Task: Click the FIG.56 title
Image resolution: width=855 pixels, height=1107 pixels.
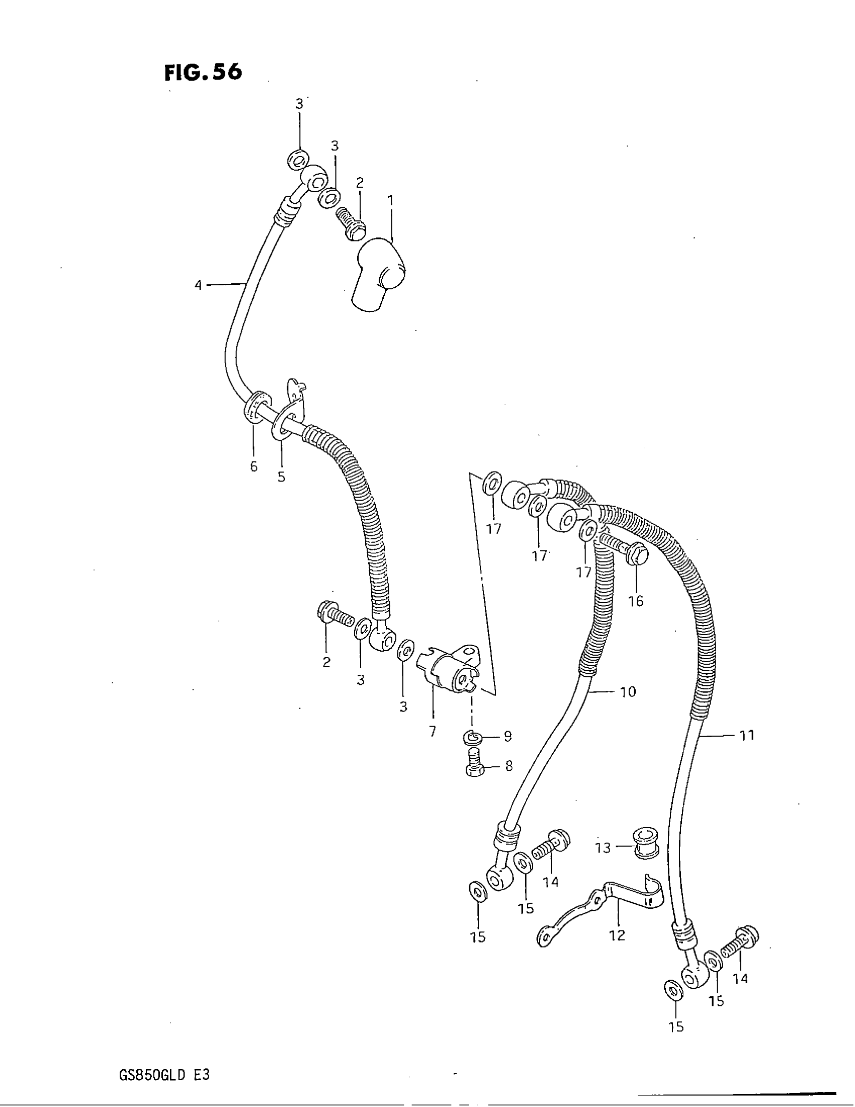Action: point(203,73)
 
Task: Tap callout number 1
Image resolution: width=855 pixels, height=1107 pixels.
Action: point(390,201)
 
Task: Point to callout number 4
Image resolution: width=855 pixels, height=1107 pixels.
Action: point(198,285)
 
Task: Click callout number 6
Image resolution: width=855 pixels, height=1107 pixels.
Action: point(254,467)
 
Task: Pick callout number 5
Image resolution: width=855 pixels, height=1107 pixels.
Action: point(282,477)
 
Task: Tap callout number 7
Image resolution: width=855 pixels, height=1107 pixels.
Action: point(433,732)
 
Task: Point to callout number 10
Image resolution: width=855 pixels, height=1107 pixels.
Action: point(628,692)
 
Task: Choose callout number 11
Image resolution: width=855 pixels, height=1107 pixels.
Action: point(747,735)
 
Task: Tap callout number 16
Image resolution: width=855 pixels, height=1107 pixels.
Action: point(636,601)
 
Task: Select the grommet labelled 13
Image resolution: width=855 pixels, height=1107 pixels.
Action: point(646,845)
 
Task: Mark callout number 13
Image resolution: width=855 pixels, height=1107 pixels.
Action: point(603,847)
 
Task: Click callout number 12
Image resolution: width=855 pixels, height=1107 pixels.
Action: point(617,936)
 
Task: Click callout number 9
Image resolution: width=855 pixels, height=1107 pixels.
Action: point(508,737)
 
